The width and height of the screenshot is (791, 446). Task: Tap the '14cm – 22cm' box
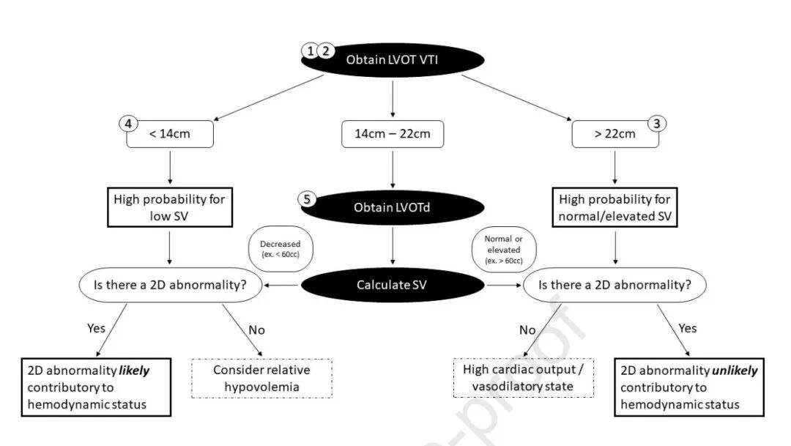[393, 134]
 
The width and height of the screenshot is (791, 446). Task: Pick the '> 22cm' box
[614, 134]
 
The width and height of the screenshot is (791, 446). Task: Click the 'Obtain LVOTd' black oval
[393, 207]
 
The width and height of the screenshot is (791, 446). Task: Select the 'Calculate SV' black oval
[393, 285]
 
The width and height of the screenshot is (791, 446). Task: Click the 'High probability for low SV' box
[169, 207]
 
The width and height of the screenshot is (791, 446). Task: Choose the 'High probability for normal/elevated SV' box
[614, 207]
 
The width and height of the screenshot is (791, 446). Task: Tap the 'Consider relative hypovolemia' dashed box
[261, 378]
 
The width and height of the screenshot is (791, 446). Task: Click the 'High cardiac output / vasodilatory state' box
[524, 378]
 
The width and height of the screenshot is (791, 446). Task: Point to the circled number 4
[128, 123]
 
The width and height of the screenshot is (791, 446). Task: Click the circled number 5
[307, 198]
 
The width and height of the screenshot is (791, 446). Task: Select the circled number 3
[656, 123]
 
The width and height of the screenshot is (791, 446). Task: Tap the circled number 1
[311, 51]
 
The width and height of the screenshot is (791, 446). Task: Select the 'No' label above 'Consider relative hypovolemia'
[256, 330]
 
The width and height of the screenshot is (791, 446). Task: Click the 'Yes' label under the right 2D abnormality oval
[687, 328]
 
